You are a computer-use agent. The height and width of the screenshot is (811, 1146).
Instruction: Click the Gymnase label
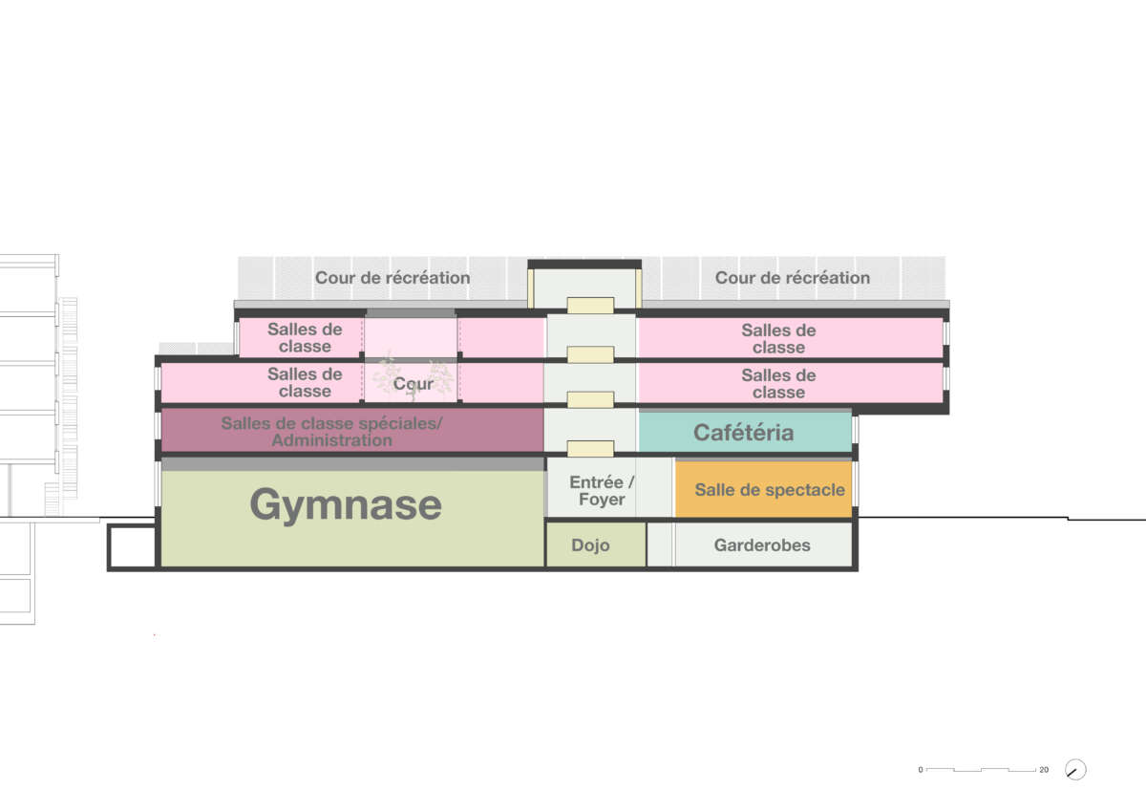point(346,504)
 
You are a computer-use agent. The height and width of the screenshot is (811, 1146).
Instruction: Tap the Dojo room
point(590,545)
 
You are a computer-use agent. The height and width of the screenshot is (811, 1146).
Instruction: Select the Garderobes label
point(762,545)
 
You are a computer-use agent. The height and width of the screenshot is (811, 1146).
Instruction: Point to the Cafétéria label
point(743,432)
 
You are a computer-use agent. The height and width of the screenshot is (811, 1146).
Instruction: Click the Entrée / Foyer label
point(601,491)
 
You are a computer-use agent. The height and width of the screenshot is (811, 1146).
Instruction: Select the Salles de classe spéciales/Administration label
point(331,432)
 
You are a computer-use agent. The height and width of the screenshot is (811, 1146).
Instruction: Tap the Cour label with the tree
point(413,383)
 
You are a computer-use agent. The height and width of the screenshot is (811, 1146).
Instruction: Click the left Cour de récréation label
point(393,278)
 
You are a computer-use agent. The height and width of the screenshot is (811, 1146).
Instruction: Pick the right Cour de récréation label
point(792,278)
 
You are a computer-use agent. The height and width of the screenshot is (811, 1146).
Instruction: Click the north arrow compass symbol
point(1075,769)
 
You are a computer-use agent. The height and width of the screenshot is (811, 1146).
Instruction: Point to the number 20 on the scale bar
point(1044,770)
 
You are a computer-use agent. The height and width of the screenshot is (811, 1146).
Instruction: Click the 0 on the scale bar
point(921,770)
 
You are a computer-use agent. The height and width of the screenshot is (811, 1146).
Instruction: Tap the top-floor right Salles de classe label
point(778,339)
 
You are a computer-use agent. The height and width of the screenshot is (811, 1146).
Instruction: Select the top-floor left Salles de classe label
point(305,338)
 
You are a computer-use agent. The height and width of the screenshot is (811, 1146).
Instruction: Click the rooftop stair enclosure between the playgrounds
point(584,285)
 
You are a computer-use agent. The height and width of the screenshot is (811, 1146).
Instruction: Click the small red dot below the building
point(155,635)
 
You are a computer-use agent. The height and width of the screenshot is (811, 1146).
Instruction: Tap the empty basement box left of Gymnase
point(132,546)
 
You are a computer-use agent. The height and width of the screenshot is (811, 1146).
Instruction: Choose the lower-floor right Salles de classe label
point(778,384)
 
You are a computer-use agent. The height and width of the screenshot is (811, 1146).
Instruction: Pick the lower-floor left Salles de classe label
point(305,383)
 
